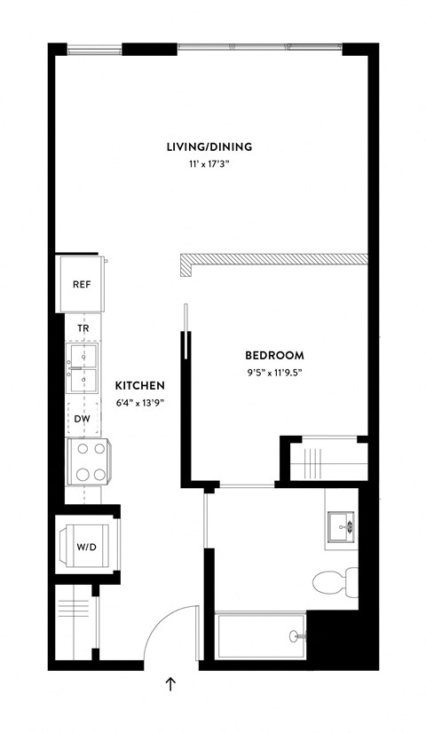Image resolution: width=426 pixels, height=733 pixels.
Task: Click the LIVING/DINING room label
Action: pyautogui.click(x=209, y=146)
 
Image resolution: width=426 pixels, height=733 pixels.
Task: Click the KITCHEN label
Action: pyautogui.click(x=139, y=385)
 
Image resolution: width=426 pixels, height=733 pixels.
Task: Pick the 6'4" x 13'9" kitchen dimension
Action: pyautogui.click(x=139, y=403)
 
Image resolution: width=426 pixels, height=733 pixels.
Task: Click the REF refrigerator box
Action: pyautogui.click(x=82, y=285)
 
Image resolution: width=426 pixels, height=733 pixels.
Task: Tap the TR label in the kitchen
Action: pyautogui.click(x=83, y=327)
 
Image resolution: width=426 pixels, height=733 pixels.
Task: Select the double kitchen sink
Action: pyautogui.click(x=85, y=368)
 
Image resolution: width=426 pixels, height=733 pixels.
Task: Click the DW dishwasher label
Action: pyautogui.click(x=83, y=418)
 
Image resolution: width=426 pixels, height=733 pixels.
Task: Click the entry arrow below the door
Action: pyautogui.click(x=170, y=683)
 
